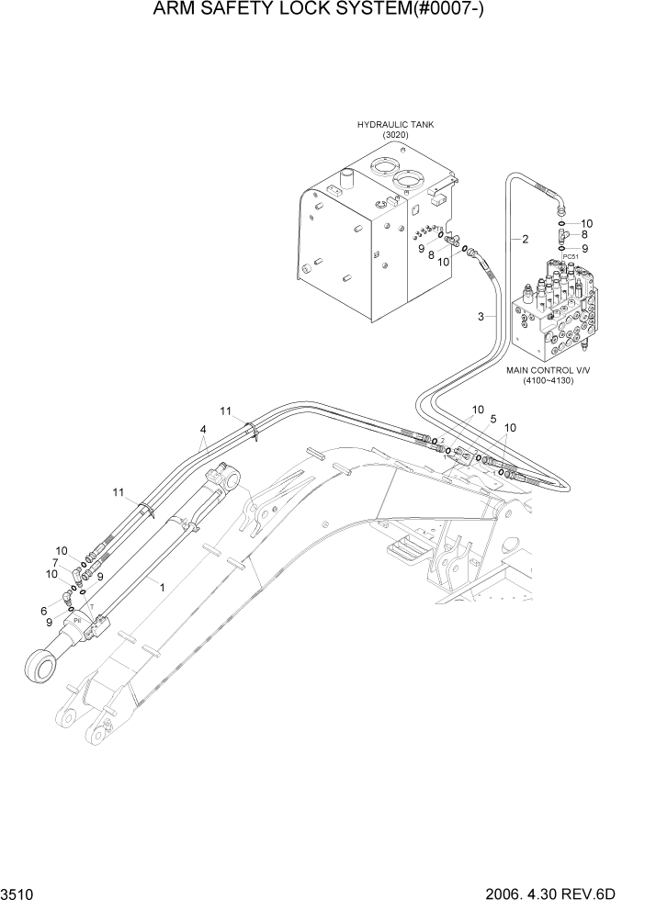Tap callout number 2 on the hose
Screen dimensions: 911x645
(x=525, y=240)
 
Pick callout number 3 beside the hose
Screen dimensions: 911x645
(x=481, y=317)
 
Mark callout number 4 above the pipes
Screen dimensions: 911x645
(x=203, y=430)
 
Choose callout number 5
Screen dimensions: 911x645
(x=492, y=420)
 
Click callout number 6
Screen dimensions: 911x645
(x=43, y=611)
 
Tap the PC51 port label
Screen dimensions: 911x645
(x=571, y=257)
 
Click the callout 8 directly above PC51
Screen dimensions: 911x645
(x=584, y=235)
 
